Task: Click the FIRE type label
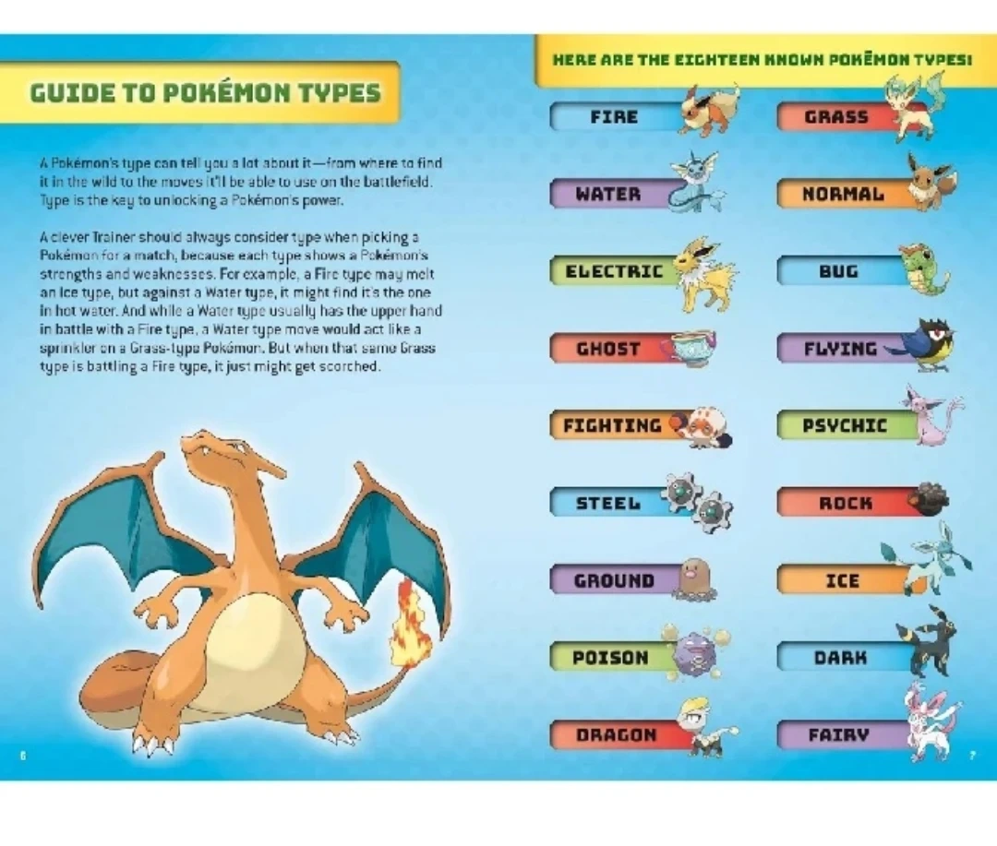coord(614,117)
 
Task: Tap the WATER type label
coord(608,194)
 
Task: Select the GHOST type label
coord(607,349)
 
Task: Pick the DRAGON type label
coord(616,734)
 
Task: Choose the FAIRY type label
coord(838,734)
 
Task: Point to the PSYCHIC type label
coord(845,425)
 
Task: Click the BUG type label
coord(838,271)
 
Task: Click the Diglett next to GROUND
coord(696,578)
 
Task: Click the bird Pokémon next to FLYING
coord(925,346)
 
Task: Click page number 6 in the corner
coord(23,756)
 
